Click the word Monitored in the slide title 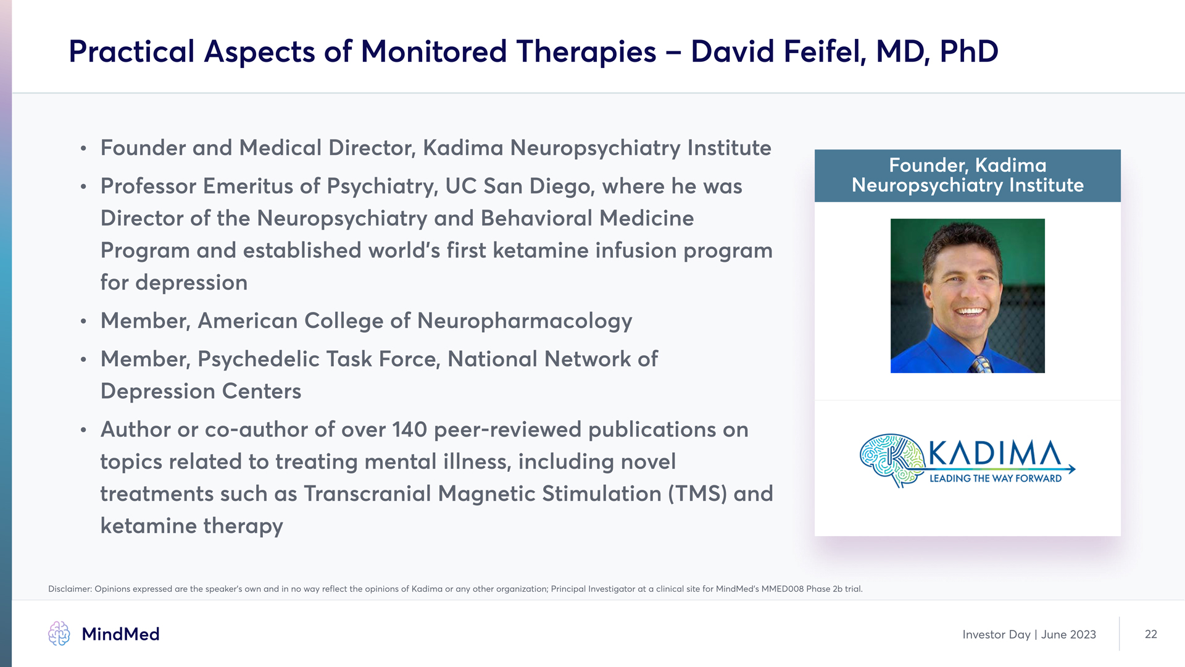pyautogui.click(x=434, y=51)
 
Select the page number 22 pyautogui.click(x=1151, y=634)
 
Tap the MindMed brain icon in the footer pyautogui.click(x=59, y=634)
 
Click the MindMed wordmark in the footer pyautogui.click(x=121, y=634)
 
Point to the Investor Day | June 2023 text pyautogui.click(x=1029, y=634)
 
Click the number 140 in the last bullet pyautogui.click(x=410, y=430)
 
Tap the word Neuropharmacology pyautogui.click(x=525, y=321)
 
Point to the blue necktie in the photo pyautogui.click(x=980, y=364)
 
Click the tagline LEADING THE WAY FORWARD pyautogui.click(x=996, y=479)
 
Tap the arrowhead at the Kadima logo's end pyautogui.click(x=1071, y=469)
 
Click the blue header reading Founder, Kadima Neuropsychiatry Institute pyautogui.click(x=968, y=175)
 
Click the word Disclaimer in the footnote pyautogui.click(x=69, y=589)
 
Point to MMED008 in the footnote pyautogui.click(x=783, y=589)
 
